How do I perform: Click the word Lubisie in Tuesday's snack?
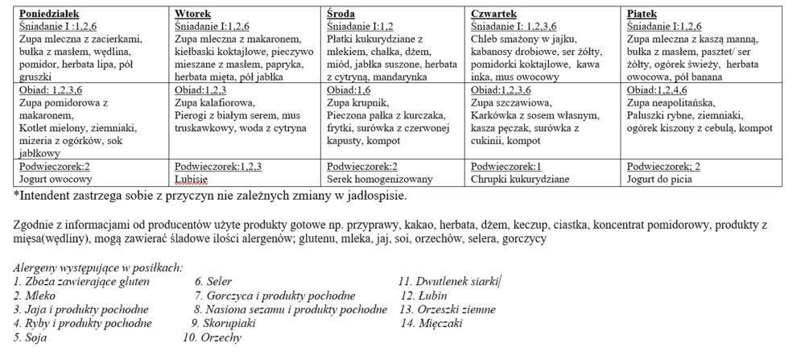190,179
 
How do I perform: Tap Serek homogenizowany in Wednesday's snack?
371,179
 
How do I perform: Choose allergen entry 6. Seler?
215,282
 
